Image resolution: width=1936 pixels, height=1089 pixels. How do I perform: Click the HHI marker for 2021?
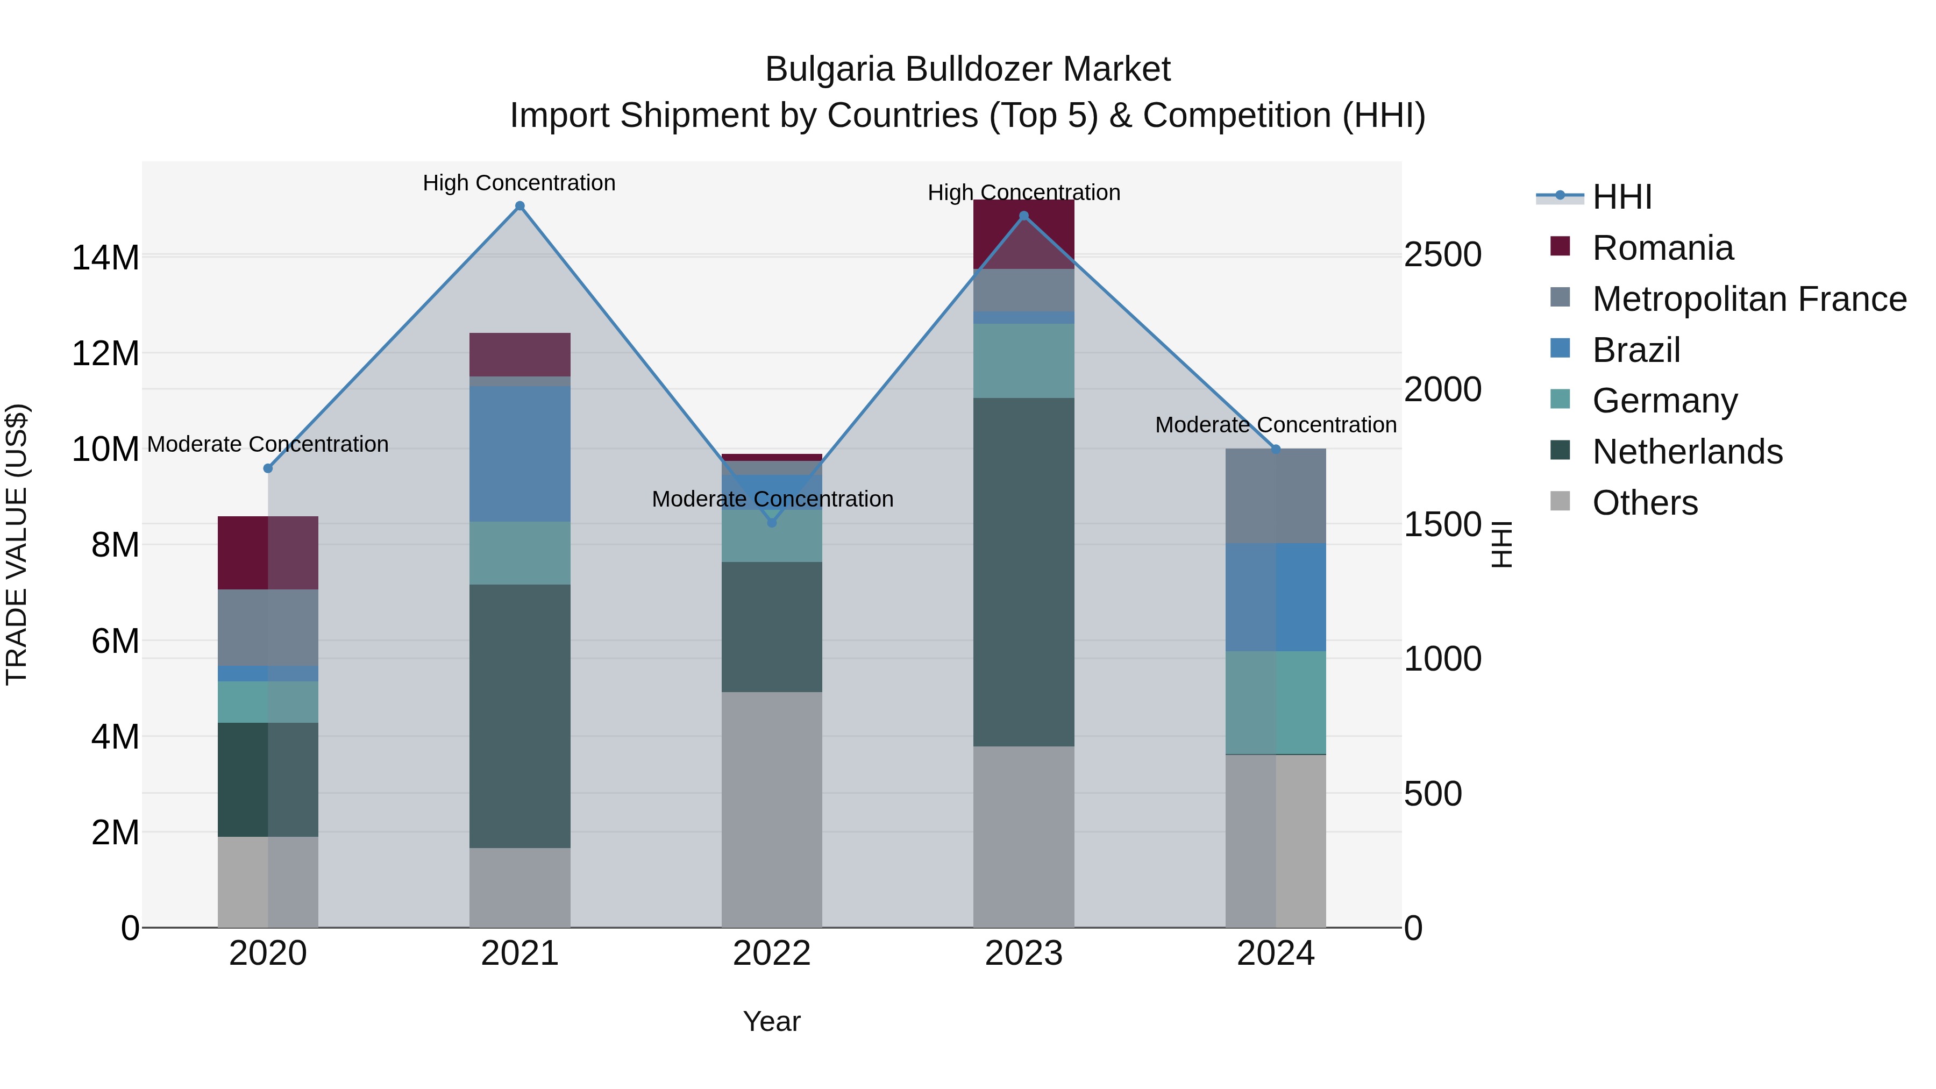click(519, 206)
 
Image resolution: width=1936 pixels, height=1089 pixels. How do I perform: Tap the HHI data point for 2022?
click(772, 522)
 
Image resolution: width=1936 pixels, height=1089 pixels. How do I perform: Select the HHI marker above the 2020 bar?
click(268, 468)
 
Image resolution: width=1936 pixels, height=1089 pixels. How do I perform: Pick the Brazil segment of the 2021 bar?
click(519, 454)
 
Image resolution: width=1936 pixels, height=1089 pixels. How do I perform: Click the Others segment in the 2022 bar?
click(772, 809)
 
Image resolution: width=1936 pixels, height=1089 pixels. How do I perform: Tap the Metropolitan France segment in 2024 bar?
click(1276, 496)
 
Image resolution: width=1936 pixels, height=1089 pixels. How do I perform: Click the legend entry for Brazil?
click(1635, 350)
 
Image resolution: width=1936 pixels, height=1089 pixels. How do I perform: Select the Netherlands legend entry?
click(1686, 452)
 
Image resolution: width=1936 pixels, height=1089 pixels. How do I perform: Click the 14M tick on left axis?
click(105, 258)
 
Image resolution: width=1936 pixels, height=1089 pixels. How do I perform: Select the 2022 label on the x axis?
click(772, 953)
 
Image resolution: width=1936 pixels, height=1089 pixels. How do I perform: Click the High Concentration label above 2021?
click(519, 183)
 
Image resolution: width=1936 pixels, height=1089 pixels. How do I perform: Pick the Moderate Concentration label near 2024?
click(1276, 425)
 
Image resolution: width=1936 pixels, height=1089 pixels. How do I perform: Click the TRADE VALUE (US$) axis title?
click(17, 544)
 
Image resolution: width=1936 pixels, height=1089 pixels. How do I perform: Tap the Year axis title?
click(772, 1021)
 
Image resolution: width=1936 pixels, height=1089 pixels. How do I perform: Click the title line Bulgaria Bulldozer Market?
click(967, 69)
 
